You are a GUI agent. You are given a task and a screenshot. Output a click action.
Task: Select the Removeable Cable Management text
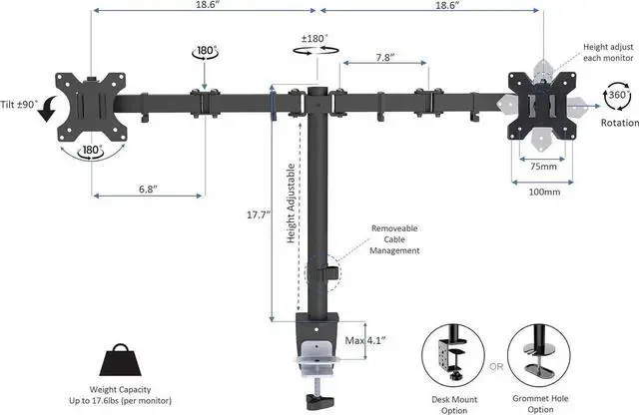coord(394,239)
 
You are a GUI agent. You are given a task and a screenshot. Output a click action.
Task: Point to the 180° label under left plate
coord(92,151)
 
